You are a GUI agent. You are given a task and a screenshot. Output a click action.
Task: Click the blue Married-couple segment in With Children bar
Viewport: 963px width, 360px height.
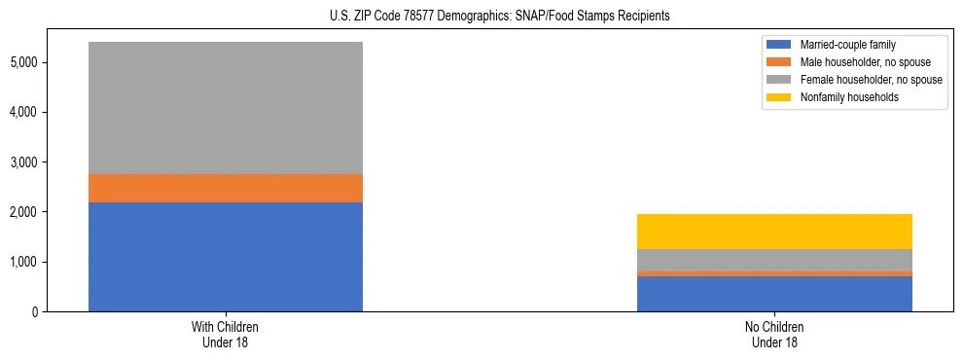coord(226,257)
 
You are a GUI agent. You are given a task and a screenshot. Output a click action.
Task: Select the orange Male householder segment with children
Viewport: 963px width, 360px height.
coord(226,188)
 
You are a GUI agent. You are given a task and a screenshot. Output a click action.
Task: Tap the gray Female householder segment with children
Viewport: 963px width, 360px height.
coord(226,108)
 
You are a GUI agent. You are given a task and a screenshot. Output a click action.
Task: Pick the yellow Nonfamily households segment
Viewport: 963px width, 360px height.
coord(774,232)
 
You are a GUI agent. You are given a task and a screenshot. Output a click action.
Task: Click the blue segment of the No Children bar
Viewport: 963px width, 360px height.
coord(774,294)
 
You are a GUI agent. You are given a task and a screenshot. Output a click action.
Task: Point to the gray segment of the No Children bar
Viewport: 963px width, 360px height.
coord(774,260)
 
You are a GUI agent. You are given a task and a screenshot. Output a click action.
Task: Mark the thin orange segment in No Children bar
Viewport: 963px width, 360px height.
coord(774,273)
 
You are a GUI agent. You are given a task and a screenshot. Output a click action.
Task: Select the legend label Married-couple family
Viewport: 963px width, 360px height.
coord(847,45)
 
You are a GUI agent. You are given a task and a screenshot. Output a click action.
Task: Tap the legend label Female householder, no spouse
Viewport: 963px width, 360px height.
coord(871,80)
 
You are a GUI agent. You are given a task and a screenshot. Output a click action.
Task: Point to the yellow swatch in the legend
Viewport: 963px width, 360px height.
coord(779,97)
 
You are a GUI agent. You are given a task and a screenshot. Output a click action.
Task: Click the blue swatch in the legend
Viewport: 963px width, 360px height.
coord(779,45)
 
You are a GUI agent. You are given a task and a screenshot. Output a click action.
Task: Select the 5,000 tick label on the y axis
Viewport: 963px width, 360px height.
coord(51,62)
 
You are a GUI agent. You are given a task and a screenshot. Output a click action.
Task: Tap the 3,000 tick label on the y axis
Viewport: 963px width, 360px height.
coord(51,162)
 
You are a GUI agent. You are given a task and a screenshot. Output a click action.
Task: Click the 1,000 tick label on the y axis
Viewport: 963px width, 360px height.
coord(51,262)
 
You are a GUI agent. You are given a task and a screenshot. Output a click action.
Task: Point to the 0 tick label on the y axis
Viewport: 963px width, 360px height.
coord(60,311)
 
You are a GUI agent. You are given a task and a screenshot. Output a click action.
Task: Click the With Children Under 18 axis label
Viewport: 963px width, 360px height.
coord(226,335)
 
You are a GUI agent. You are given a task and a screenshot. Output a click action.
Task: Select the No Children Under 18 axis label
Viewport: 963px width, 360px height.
coord(774,335)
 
